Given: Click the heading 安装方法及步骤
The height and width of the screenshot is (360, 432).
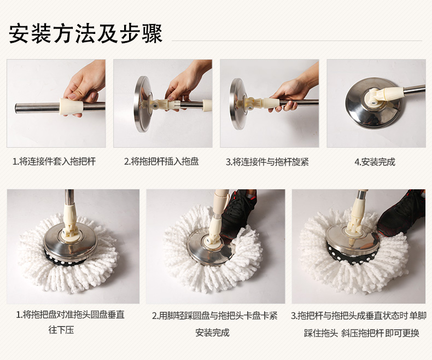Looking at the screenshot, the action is [85, 34].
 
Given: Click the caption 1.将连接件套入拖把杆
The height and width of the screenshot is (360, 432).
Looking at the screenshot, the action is [54, 161].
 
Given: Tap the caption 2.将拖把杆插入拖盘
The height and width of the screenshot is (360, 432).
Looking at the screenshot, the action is [161, 161].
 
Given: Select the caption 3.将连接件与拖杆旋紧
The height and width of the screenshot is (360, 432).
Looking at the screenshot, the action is [267, 162].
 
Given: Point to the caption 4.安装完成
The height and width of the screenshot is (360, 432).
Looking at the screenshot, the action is [375, 162].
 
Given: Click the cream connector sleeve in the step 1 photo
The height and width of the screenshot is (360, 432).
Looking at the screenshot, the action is [71, 106].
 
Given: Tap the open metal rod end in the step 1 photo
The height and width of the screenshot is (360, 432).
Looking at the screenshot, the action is [17, 108].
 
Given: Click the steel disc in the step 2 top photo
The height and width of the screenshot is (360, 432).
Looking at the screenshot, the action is [142, 104].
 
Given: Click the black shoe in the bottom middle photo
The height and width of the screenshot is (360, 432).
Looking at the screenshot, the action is [239, 211].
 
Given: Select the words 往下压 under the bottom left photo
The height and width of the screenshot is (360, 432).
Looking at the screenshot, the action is [61, 330].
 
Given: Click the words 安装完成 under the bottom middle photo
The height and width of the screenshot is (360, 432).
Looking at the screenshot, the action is [212, 333].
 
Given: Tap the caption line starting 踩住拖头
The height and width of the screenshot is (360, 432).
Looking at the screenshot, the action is [361, 333].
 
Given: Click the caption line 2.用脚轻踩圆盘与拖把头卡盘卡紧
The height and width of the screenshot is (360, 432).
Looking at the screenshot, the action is [214, 316].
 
